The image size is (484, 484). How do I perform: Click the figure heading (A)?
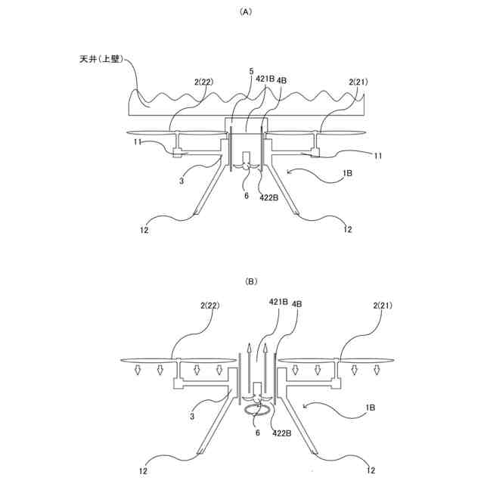click(244, 12)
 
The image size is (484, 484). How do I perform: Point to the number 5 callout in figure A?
click(250, 71)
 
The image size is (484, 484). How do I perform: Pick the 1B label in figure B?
click(369, 408)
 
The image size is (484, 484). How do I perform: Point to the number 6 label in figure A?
click(246, 195)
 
